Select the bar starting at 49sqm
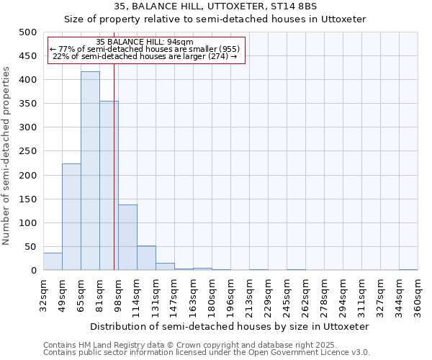pos(71,217)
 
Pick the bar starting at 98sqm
pos(127,238)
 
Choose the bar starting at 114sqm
pos(146,258)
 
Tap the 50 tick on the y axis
pos(30,247)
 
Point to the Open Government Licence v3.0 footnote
pos(207,353)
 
